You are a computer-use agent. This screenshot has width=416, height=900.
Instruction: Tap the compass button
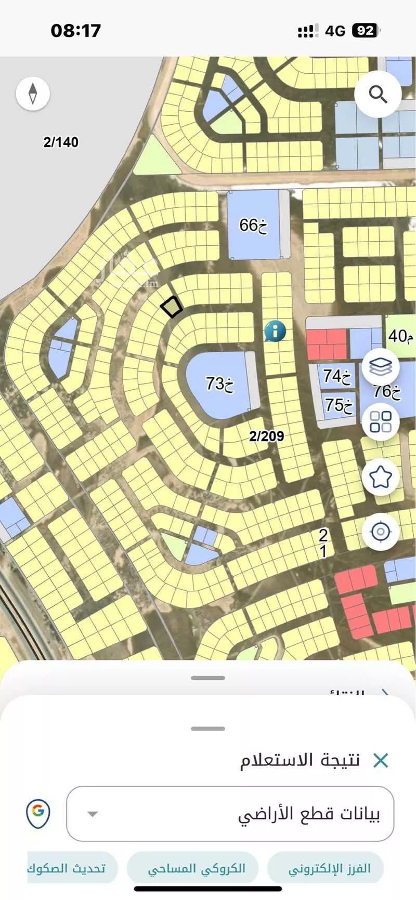pos(33,94)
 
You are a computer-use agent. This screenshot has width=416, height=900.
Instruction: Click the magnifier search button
pos(378,94)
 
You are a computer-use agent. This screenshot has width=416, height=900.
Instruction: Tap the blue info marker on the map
pos(275,330)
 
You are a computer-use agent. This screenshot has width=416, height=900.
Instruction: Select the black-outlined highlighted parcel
pos(171,307)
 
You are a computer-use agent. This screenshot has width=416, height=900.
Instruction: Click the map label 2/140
pos(61,142)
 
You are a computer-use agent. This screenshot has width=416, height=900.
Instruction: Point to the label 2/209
pos(266,436)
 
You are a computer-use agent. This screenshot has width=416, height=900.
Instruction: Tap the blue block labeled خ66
pos(253,225)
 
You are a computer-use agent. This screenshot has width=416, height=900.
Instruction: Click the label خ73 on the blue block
pos(219,383)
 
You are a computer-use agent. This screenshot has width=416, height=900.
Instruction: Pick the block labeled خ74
pos(337,375)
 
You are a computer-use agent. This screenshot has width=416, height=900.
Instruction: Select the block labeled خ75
pos(339,404)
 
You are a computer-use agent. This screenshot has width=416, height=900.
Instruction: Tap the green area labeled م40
pos(400,336)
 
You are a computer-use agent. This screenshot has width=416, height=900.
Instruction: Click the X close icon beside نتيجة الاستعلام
pos(381,761)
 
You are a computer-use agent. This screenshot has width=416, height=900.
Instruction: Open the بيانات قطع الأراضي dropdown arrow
pos(93,814)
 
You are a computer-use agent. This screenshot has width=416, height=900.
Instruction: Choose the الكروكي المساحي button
pos(196,868)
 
